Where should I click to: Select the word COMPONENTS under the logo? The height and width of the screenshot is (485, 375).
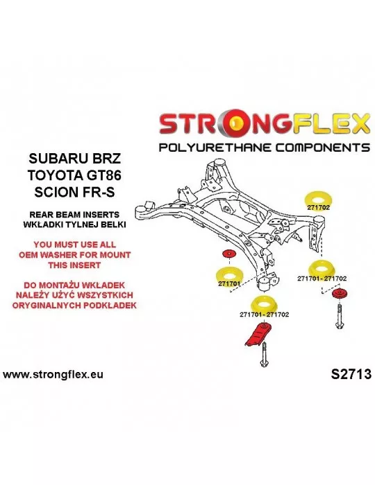(x=323, y=147)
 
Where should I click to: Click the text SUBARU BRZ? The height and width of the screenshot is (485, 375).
(x=74, y=159)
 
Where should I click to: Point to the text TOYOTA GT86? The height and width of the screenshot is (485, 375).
(x=74, y=175)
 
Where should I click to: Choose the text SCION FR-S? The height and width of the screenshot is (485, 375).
(x=74, y=192)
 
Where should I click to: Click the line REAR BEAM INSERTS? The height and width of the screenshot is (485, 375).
(x=74, y=214)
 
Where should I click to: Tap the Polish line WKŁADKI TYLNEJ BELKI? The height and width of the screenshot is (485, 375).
(x=74, y=224)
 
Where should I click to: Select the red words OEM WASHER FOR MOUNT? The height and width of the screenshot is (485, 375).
(x=75, y=255)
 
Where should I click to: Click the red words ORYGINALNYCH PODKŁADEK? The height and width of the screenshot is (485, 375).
(x=74, y=305)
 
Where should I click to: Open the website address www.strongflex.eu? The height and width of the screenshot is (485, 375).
(x=53, y=375)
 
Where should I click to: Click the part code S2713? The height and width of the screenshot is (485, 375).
(x=351, y=374)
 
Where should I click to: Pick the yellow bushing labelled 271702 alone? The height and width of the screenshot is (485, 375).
(x=317, y=202)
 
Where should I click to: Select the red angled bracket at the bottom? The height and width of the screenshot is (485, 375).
(x=258, y=335)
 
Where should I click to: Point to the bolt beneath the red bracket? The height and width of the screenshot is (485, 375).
(x=264, y=355)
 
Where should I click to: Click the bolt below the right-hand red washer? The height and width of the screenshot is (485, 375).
(x=340, y=316)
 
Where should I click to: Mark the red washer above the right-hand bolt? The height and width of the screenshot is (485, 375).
(x=340, y=294)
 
